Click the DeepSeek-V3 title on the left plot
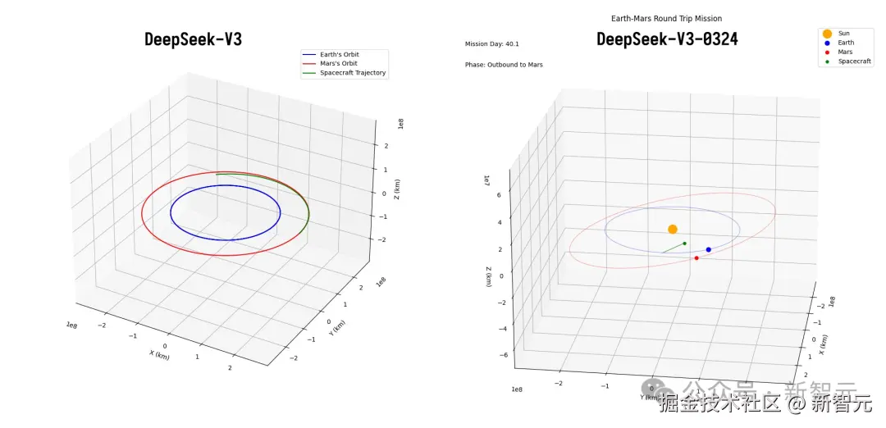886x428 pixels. tap(193, 39)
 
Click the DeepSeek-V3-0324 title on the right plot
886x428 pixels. tap(667, 39)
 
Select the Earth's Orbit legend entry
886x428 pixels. tap(339, 55)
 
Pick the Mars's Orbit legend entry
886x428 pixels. tap(338, 64)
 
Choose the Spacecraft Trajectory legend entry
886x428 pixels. tap(352, 73)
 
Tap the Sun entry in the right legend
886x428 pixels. tap(843, 34)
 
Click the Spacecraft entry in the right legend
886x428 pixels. tap(854, 61)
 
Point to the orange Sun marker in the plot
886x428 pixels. tap(673, 230)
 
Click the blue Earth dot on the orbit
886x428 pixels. tap(709, 249)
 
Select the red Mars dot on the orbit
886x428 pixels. tap(696, 258)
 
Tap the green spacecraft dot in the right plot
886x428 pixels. tap(684, 244)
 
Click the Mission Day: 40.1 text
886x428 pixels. tap(492, 44)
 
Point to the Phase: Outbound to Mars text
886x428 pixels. tap(504, 65)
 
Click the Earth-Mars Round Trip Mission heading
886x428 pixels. tap(667, 18)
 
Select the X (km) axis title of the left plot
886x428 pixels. tap(159, 354)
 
